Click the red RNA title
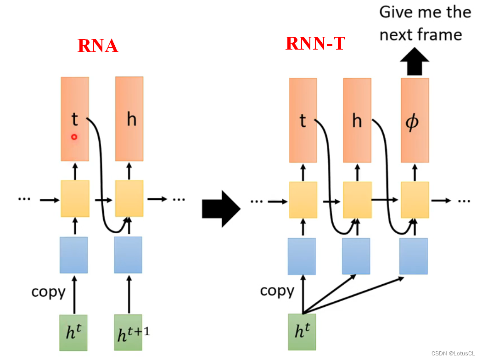98,45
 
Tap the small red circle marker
74,137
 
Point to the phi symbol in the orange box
413,123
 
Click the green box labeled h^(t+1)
129,333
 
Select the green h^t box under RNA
74,333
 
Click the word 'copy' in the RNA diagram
48,292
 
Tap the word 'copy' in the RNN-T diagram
277,291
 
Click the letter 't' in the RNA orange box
75,120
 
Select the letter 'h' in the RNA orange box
132,120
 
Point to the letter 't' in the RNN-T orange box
303,121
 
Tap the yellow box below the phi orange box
415,200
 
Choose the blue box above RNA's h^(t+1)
128,255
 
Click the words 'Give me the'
425,12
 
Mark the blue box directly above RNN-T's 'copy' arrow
302,256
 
